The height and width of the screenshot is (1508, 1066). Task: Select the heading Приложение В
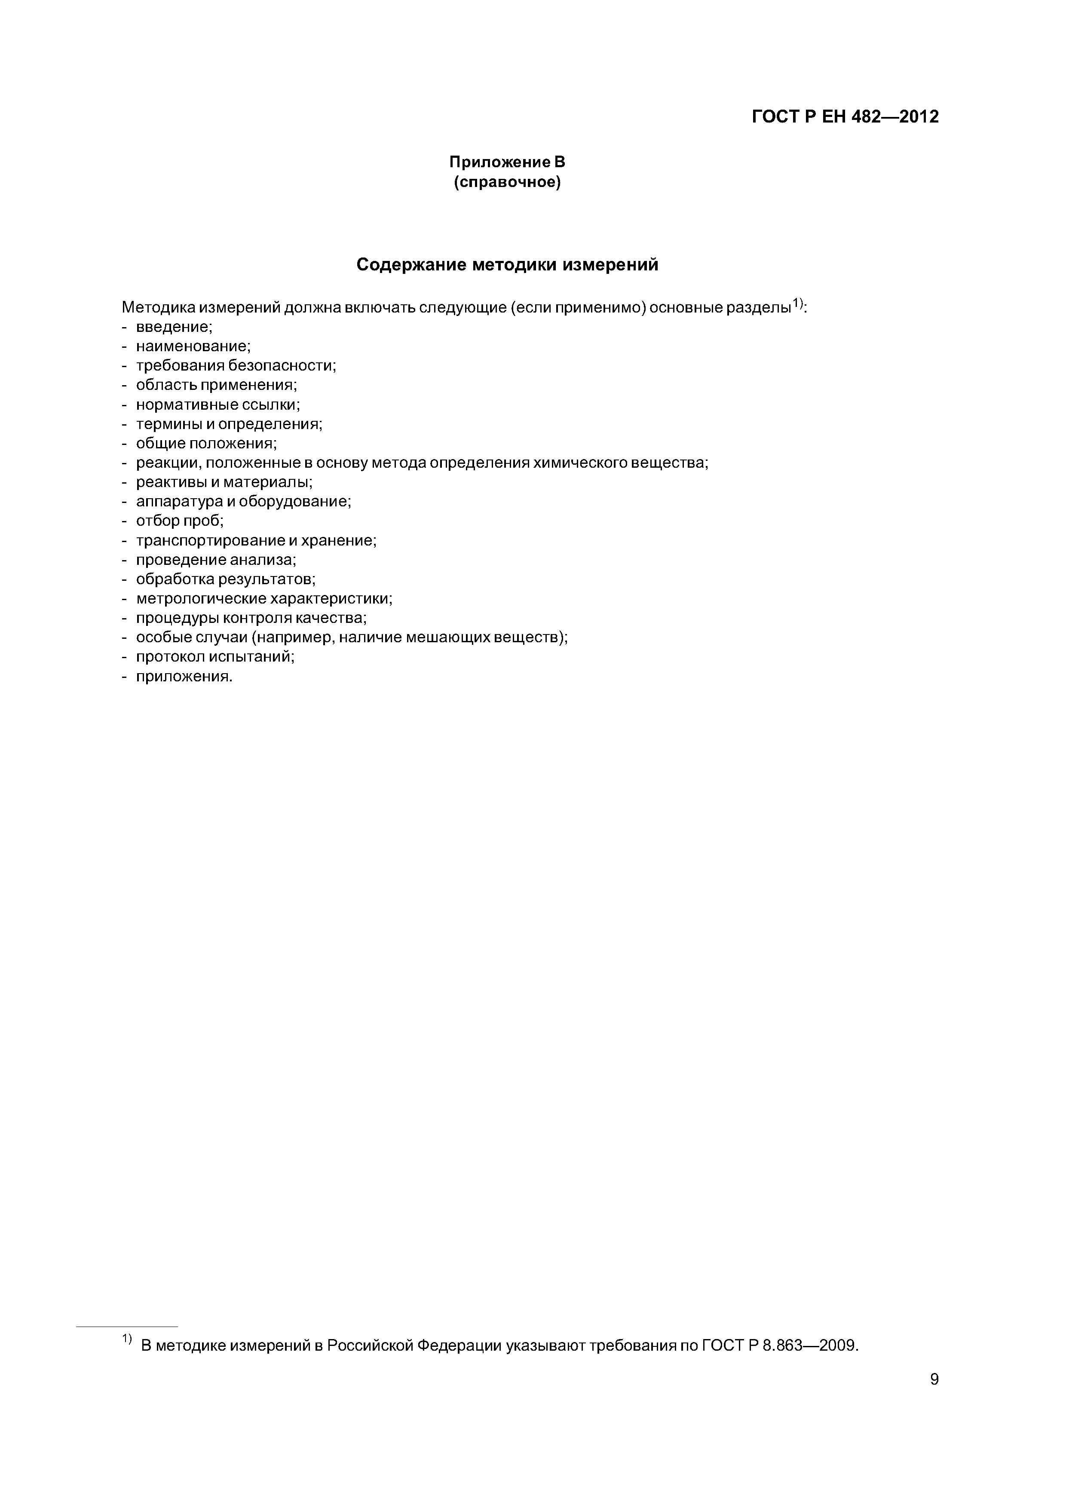click(x=506, y=162)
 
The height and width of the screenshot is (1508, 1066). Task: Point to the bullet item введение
click(x=173, y=326)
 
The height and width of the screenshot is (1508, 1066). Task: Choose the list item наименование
click(x=193, y=346)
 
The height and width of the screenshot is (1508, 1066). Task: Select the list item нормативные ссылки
click(x=217, y=405)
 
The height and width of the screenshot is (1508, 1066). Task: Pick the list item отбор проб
click(x=179, y=521)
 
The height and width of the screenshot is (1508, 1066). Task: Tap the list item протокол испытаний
click(x=215, y=657)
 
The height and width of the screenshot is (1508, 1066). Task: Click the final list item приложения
click(x=184, y=677)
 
